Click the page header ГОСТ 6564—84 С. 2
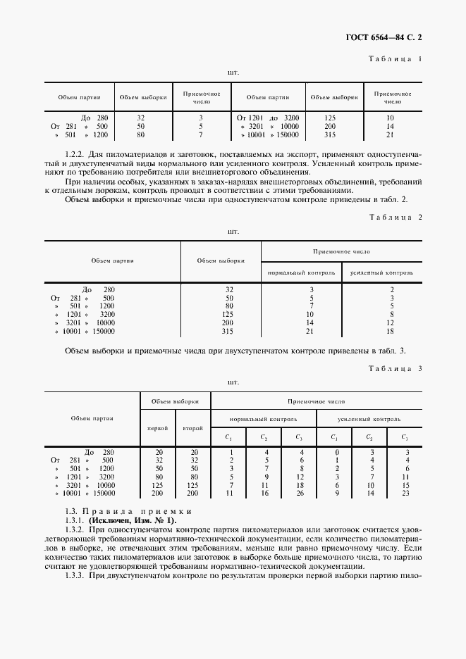[x=386, y=34]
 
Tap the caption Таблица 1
[x=396, y=58]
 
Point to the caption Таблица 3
[x=396, y=368]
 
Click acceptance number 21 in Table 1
[x=391, y=134]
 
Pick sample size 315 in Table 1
[x=329, y=134]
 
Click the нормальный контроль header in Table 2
[x=301, y=272]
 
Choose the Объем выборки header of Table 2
[x=221, y=261]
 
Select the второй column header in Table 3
[x=192, y=429]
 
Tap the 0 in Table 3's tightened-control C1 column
[x=337, y=452]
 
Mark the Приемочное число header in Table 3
[x=317, y=400]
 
